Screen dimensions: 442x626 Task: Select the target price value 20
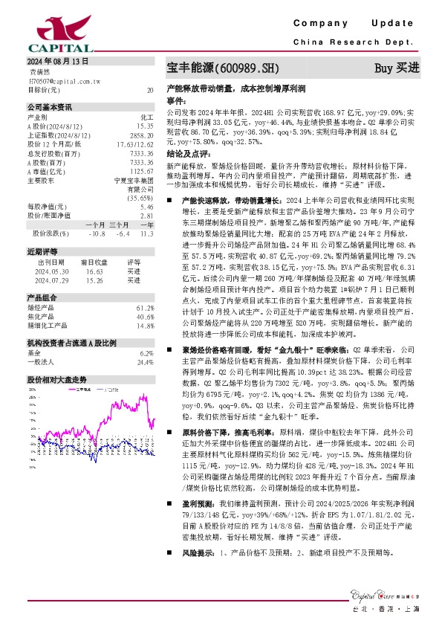150,90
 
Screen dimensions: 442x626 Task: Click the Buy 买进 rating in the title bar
397,68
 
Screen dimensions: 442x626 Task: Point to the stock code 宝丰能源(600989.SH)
222,68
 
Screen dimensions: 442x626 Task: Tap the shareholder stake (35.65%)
140,199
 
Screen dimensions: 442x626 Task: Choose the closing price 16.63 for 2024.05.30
94,272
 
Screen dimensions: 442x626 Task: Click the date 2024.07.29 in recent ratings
46,280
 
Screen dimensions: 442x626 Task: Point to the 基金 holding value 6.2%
146,353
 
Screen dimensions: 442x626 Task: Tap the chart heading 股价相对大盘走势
56,379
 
